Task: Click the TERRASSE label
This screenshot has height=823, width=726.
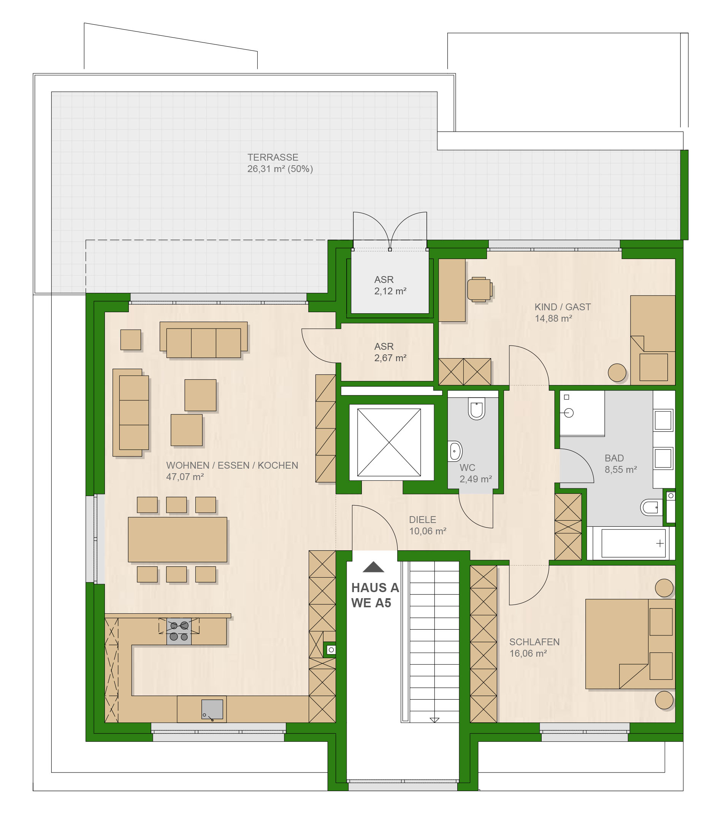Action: pyautogui.click(x=273, y=158)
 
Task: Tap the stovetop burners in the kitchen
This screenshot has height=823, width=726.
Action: pyautogui.click(x=179, y=631)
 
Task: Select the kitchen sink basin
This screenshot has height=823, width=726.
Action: pyautogui.click(x=212, y=709)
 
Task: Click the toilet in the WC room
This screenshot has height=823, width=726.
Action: pyautogui.click(x=477, y=409)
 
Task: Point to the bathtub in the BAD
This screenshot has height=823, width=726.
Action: pyautogui.click(x=633, y=543)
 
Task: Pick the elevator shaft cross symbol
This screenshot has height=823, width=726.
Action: pyautogui.click(x=389, y=442)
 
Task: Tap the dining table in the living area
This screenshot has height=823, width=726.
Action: pyautogui.click(x=178, y=540)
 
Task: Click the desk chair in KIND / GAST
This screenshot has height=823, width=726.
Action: pyautogui.click(x=479, y=289)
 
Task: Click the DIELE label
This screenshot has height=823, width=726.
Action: pyautogui.click(x=423, y=520)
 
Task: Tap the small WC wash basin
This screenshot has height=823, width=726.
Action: pyautogui.click(x=455, y=451)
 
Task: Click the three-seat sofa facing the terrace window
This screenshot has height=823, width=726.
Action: pyautogui.click(x=204, y=340)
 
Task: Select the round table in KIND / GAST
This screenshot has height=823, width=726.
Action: pyautogui.click(x=617, y=373)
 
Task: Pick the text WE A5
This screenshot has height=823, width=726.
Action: pyautogui.click(x=371, y=603)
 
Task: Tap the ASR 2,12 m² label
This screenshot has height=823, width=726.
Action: pyautogui.click(x=390, y=286)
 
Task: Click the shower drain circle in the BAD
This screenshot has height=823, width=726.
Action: pyautogui.click(x=569, y=413)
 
